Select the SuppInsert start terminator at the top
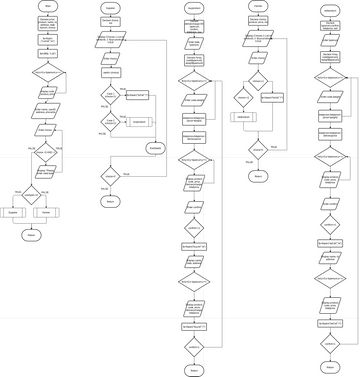click(194, 6)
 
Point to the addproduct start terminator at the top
click(325, 6)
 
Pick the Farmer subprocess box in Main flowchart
click(44, 212)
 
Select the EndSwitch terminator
click(156, 148)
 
